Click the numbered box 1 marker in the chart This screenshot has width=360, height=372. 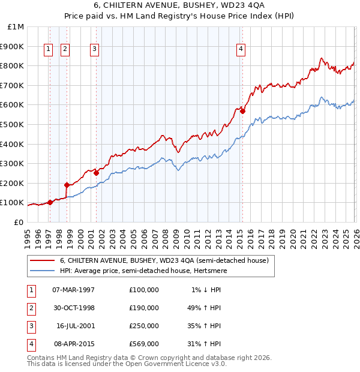47,50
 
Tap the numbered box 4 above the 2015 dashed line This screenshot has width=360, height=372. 241,50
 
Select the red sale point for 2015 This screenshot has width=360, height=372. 242,111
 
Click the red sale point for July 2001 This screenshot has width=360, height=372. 96,173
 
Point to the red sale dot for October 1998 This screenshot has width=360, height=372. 67,185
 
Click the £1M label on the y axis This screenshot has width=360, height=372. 16,27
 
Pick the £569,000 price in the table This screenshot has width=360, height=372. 143,344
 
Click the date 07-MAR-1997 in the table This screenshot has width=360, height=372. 73,290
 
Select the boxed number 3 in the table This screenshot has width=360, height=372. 31,326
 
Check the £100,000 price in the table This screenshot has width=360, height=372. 143,290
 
